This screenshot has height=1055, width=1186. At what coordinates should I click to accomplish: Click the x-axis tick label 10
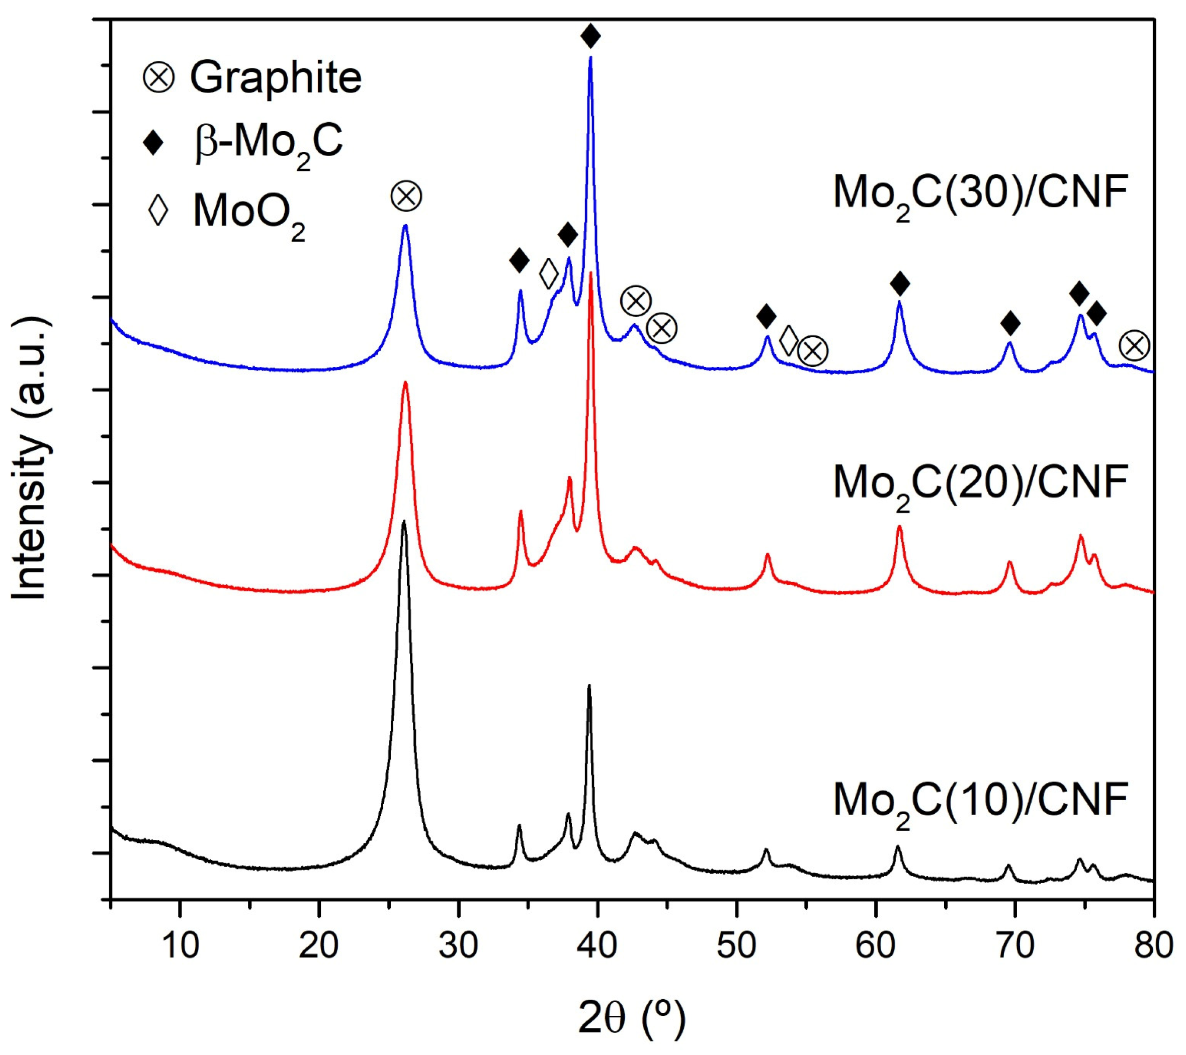[180, 946]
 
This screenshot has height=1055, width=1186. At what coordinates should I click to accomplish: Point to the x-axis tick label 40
[597, 946]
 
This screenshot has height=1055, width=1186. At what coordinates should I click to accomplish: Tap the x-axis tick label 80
[1153, 946]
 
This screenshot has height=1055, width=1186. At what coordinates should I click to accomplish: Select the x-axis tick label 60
[876, 946]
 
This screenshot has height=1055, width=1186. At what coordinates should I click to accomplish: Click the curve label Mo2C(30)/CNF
[981, 193]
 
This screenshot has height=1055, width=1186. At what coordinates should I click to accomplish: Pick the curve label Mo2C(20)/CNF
[981, 483]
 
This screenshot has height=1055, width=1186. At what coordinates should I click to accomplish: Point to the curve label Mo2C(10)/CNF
[981, 800]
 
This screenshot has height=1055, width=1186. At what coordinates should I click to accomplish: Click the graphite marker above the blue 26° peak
[405, 197]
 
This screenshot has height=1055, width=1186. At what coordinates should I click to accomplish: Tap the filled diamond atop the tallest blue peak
[590, 36]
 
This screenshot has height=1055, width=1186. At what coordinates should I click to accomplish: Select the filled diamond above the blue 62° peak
[900, 283]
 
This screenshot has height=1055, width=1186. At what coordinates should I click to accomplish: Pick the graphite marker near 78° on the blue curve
[1134, 346]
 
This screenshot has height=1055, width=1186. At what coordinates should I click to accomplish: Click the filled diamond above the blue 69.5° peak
[1010, 323]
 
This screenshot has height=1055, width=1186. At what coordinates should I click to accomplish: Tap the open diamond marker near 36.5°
[548, 274]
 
